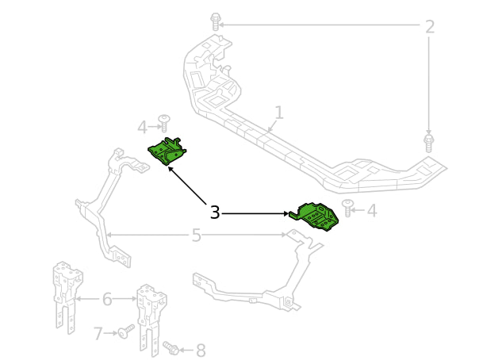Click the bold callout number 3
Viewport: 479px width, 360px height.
tap(215, 212)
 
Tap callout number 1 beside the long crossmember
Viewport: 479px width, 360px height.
tap(279, 113)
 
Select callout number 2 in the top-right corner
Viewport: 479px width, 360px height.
tap(430, 27)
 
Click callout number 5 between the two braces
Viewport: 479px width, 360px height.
tap(197, 236)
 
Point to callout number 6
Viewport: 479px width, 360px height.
tap(107, 299)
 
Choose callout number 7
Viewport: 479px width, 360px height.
tap(98, 333)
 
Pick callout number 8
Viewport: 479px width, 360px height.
tap(201, 350)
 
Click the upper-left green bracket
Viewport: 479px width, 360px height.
tap(167, 151)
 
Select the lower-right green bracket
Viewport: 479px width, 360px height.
tap(314, 216)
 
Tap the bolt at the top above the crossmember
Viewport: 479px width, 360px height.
tap(216, 21)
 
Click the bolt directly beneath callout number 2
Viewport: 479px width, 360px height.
tap(429, 142)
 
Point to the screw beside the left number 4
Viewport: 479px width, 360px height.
tap(164, 123)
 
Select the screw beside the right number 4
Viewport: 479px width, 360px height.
tap(347, 209)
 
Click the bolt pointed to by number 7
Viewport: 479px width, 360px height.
tap(126, 331)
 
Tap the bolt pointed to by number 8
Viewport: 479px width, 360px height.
tap(171, 348)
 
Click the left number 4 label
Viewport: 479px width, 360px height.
tap(142, 127)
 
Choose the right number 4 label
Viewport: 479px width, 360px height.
tap(372, 211)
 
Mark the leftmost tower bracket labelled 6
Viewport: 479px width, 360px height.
tap(67, 297)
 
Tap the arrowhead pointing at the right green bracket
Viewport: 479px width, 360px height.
tap(286, 213)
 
